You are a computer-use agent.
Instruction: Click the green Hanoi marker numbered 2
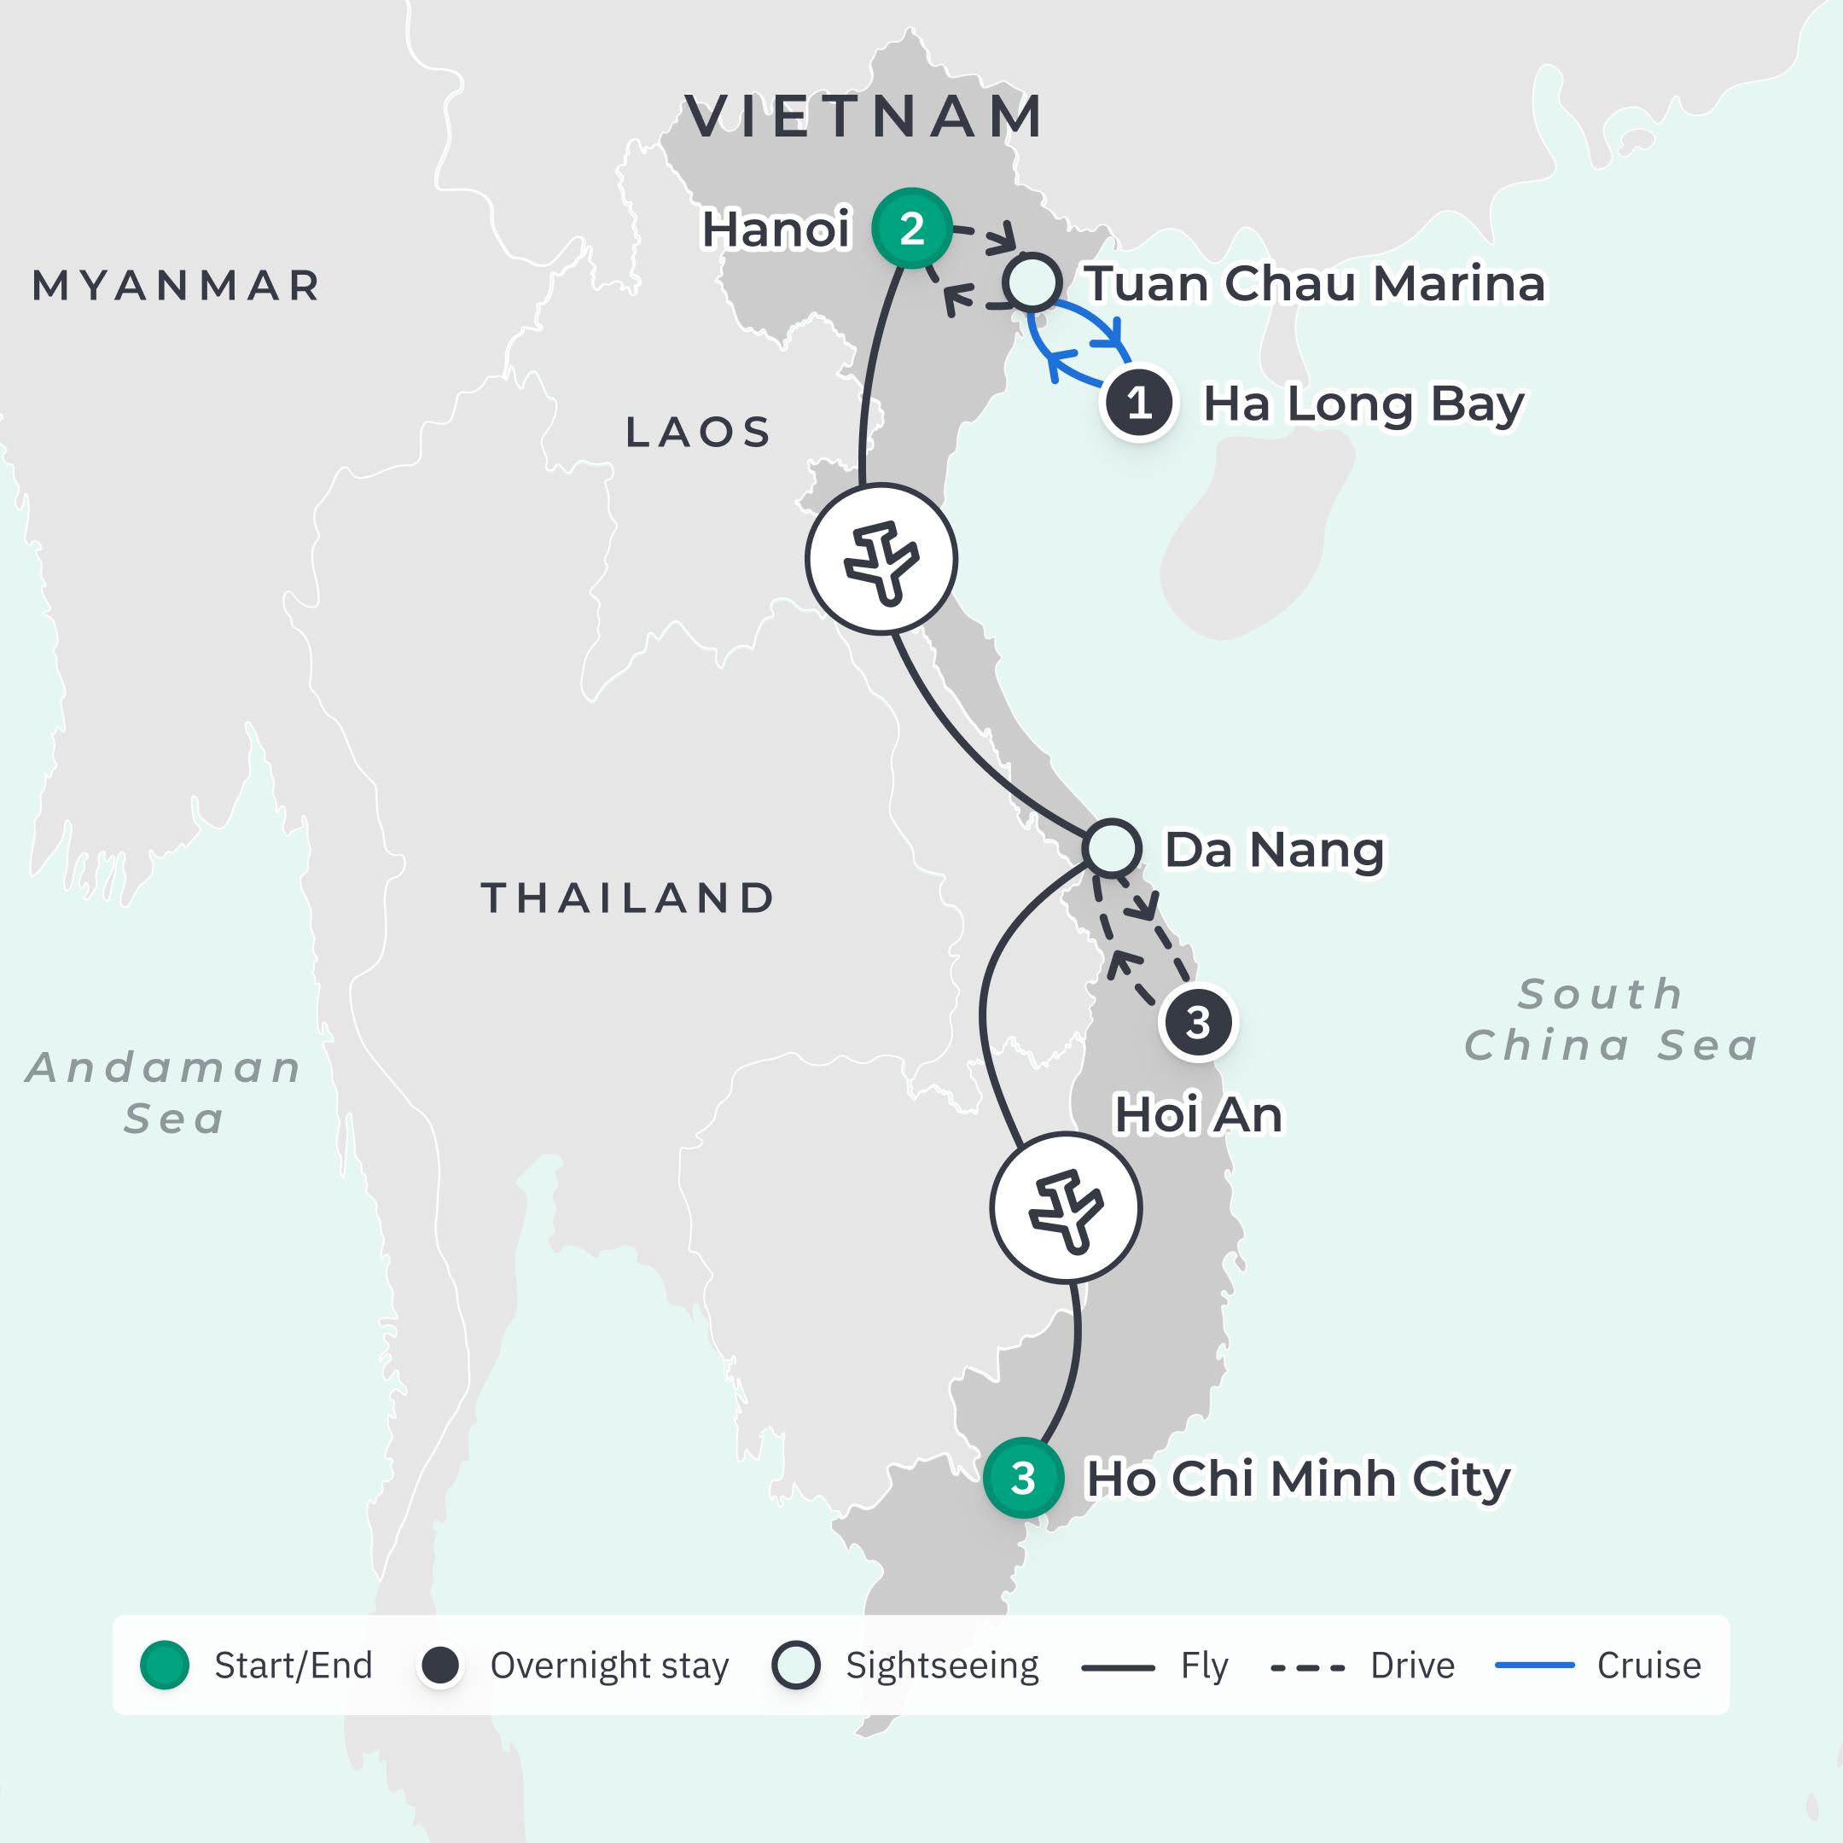(x=912, y=228)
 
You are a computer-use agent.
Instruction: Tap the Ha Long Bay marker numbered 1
(x=1138, y=404)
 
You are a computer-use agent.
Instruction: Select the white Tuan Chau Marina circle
(x=1032, y=282)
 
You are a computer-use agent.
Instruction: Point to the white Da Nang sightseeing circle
(x=1113, y=847)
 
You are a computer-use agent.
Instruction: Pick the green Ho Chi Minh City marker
(x=1023, y=1478)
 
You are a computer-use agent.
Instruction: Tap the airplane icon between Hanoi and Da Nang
(x=881, y=559)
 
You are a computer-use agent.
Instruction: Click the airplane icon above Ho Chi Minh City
(x=1066, y=1207)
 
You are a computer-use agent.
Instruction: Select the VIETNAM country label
(x=864, y=118)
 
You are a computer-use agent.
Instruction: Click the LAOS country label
(x=698, y=432)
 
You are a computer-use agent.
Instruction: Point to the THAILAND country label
(x=628, y=898)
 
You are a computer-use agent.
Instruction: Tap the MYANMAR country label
(x=177, y=285)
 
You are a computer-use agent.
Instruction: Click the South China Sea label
(x=1610, y=1020)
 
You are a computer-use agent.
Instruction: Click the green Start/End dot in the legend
(x=164, y=1665)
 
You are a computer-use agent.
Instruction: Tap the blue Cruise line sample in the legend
(x=1534, y=1666)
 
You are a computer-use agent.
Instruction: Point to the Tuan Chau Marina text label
(x=1315, y=283)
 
